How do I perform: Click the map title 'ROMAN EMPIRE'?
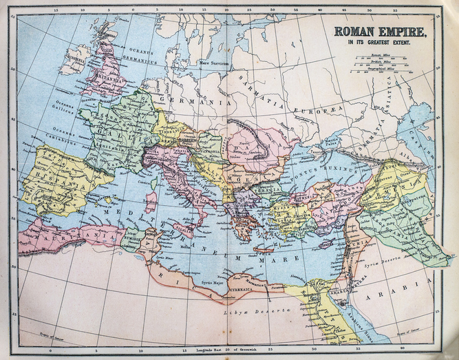coord(380,32)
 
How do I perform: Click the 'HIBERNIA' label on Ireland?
coord(74,59)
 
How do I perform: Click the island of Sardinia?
coord(151,202)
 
